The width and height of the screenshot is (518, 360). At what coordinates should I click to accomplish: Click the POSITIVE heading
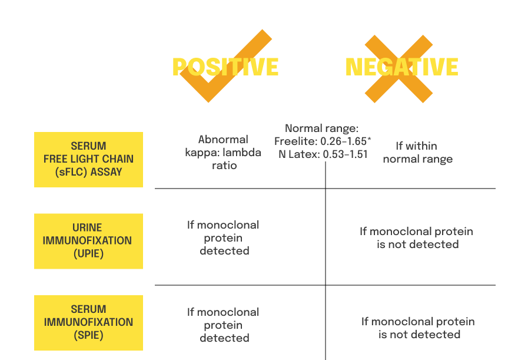coord(225,67)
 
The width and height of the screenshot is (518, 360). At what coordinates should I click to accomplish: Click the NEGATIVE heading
coord(401,67)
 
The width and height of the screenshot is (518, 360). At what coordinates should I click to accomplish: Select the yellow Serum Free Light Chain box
coord(88,159)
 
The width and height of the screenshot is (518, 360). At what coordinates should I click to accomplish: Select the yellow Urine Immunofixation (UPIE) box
coord(88,241)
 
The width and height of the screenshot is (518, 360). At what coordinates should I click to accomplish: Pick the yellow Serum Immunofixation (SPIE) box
coord(88,322)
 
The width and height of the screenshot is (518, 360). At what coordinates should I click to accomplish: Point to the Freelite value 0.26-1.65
coord(344,141)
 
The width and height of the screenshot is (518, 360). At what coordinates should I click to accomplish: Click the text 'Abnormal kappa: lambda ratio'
coord(223,153)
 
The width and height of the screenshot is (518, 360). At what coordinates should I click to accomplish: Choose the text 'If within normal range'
coord(417,153)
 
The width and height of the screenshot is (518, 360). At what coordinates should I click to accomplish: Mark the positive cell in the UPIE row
coord(223,238)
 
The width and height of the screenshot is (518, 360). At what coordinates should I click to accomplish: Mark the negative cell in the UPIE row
coord(417,238)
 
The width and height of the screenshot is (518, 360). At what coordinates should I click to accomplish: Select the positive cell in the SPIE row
coord(223,325)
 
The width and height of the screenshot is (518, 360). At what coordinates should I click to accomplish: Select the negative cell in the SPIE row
coord(418,328)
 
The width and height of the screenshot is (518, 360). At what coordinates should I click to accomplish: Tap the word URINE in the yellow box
coord(88,227)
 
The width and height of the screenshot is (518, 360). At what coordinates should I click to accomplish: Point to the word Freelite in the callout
coord(296,141)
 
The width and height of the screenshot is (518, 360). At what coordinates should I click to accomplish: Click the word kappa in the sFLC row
coord(204,153)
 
